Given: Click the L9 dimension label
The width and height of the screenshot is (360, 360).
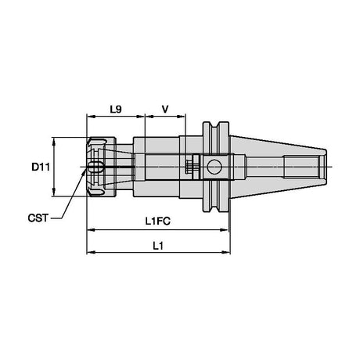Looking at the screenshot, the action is [x=116, y=109].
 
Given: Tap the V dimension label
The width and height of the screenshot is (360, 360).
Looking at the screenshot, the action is [x=165, y=109].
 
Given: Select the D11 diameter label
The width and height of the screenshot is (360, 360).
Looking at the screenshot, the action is [x=41, y=167].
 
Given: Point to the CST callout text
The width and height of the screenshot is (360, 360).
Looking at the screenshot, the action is [x=38, y=218].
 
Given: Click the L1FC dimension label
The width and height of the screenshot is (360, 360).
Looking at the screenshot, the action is [x=158, y=221].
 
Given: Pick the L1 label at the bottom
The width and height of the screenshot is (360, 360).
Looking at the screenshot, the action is [x=158, y=246].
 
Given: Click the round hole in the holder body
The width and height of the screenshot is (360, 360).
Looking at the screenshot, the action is [x=214, y=167].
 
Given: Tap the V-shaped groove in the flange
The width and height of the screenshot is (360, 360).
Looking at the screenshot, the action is [x=216, y=167].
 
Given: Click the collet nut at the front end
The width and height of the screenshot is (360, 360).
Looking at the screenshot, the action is [x=101, y=167].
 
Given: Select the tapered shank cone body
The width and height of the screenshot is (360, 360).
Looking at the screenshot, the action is [x=278, y=167].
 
